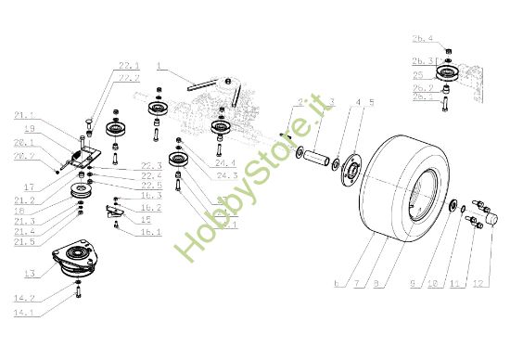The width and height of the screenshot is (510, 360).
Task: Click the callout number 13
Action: tap(31, 274)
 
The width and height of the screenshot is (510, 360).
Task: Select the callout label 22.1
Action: tap(129, 65)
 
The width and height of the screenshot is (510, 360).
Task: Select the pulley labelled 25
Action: tap(446, 74)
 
